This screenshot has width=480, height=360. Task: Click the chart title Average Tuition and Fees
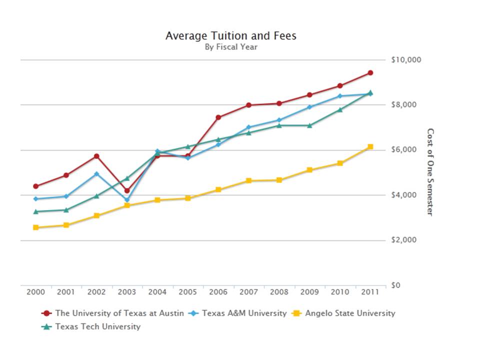[230, 36]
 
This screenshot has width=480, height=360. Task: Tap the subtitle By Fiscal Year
[230, 47]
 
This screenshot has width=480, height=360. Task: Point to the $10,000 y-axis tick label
[406, 60]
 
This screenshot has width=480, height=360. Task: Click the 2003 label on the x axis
[127, 292]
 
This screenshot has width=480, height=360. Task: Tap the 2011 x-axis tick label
[370, 292]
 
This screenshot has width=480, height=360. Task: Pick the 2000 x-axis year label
[35, 292]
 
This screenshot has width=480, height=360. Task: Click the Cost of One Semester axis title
[430, 172]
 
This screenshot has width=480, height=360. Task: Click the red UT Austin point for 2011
[370, 72]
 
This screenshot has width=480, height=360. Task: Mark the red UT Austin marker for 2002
[96, 156]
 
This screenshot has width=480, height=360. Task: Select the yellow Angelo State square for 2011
[370, 146]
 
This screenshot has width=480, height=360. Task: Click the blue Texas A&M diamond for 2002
[96, 173]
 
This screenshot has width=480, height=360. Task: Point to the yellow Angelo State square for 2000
[35, 227]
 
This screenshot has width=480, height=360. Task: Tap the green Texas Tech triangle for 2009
[309, 125]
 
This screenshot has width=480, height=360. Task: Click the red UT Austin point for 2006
[218, 117]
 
